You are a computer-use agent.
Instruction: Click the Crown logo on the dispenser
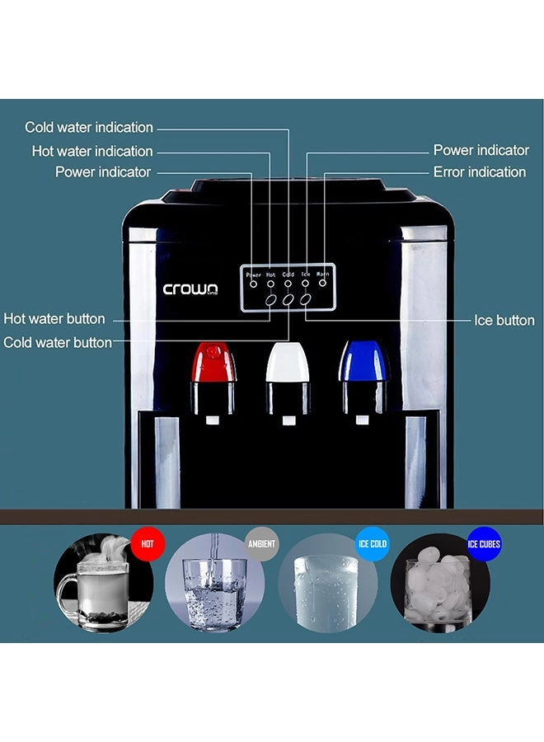tap(190, 289)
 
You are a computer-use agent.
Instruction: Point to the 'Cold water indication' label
tap(89, 127)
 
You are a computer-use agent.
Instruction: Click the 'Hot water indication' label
tap(92, 151)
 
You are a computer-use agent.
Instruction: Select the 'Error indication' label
tap(480, 171)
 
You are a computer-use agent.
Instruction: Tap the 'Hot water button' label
tap(54, 318)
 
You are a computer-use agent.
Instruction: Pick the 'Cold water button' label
tap(57, 342)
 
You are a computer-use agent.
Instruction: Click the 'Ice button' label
tap(504, 321)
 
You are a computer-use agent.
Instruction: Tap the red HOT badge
tap(147, 544)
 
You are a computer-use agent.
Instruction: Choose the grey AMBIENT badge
tap(261, 544)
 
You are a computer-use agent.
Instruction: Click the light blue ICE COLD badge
tap(373, 544)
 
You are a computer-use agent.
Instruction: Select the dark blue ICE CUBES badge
tap(484, 544)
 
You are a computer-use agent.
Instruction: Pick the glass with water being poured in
tap(215, 594)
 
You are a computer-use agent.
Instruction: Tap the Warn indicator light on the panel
tap(322, 283)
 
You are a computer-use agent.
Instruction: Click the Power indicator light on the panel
tap(254, 284)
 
